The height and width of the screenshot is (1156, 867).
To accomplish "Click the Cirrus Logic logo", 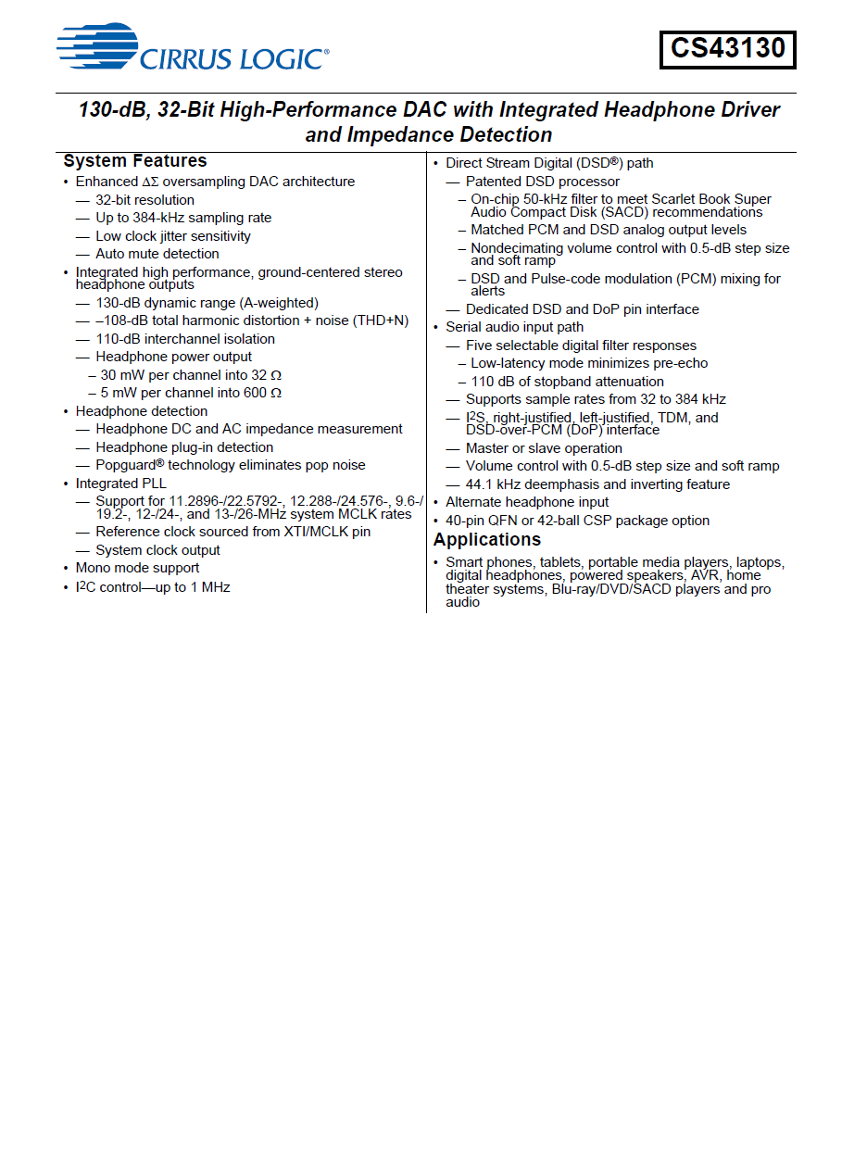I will click(192, 48).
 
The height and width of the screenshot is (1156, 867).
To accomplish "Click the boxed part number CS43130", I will click(727, 49).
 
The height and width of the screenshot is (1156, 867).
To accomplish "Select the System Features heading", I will click(135, 161).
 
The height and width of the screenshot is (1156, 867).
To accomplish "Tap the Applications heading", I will click(487, 540).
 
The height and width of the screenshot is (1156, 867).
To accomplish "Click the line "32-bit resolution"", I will click(144, 200).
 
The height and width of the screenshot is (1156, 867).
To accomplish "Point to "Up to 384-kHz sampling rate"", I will click(183, 218).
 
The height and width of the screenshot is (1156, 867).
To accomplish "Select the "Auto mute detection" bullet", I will click(157, 254).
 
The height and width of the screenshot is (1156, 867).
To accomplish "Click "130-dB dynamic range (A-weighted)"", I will click(207, 303).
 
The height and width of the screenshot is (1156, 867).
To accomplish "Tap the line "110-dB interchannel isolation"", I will click(185, 339).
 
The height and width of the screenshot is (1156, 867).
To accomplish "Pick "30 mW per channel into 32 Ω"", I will click(191, 375).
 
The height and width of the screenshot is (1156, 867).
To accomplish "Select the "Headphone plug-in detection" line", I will click(184, 447).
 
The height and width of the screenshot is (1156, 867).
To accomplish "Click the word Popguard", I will click(126, 465).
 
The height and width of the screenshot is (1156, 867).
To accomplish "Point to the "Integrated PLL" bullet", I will click(121, 484).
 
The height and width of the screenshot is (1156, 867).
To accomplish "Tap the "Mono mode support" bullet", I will click(137, 568).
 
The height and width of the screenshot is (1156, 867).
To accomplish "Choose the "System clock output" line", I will click(157, 550).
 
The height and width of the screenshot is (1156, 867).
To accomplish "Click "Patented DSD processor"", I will click(543, 182).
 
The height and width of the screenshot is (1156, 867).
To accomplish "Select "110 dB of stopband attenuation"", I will click(567, 382).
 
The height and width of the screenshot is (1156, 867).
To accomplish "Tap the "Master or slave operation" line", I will click(544, 448).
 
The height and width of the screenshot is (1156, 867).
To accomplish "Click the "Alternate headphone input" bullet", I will click(527, 502).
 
